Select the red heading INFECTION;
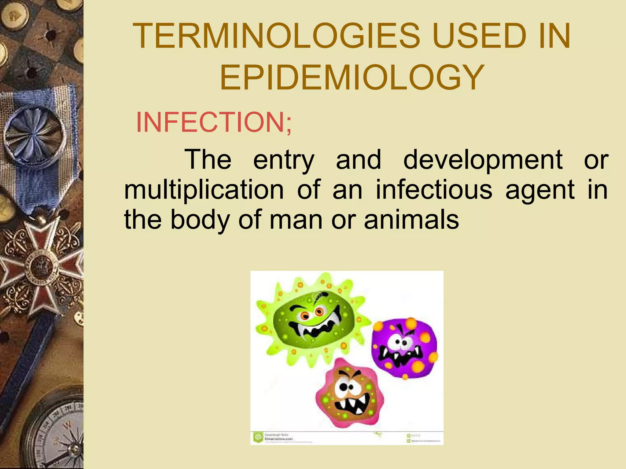(214, 122)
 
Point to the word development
(483, 160)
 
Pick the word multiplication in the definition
(204, 190)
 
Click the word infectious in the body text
(434, 190)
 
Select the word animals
(411, 220)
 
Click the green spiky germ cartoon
(312, 321)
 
